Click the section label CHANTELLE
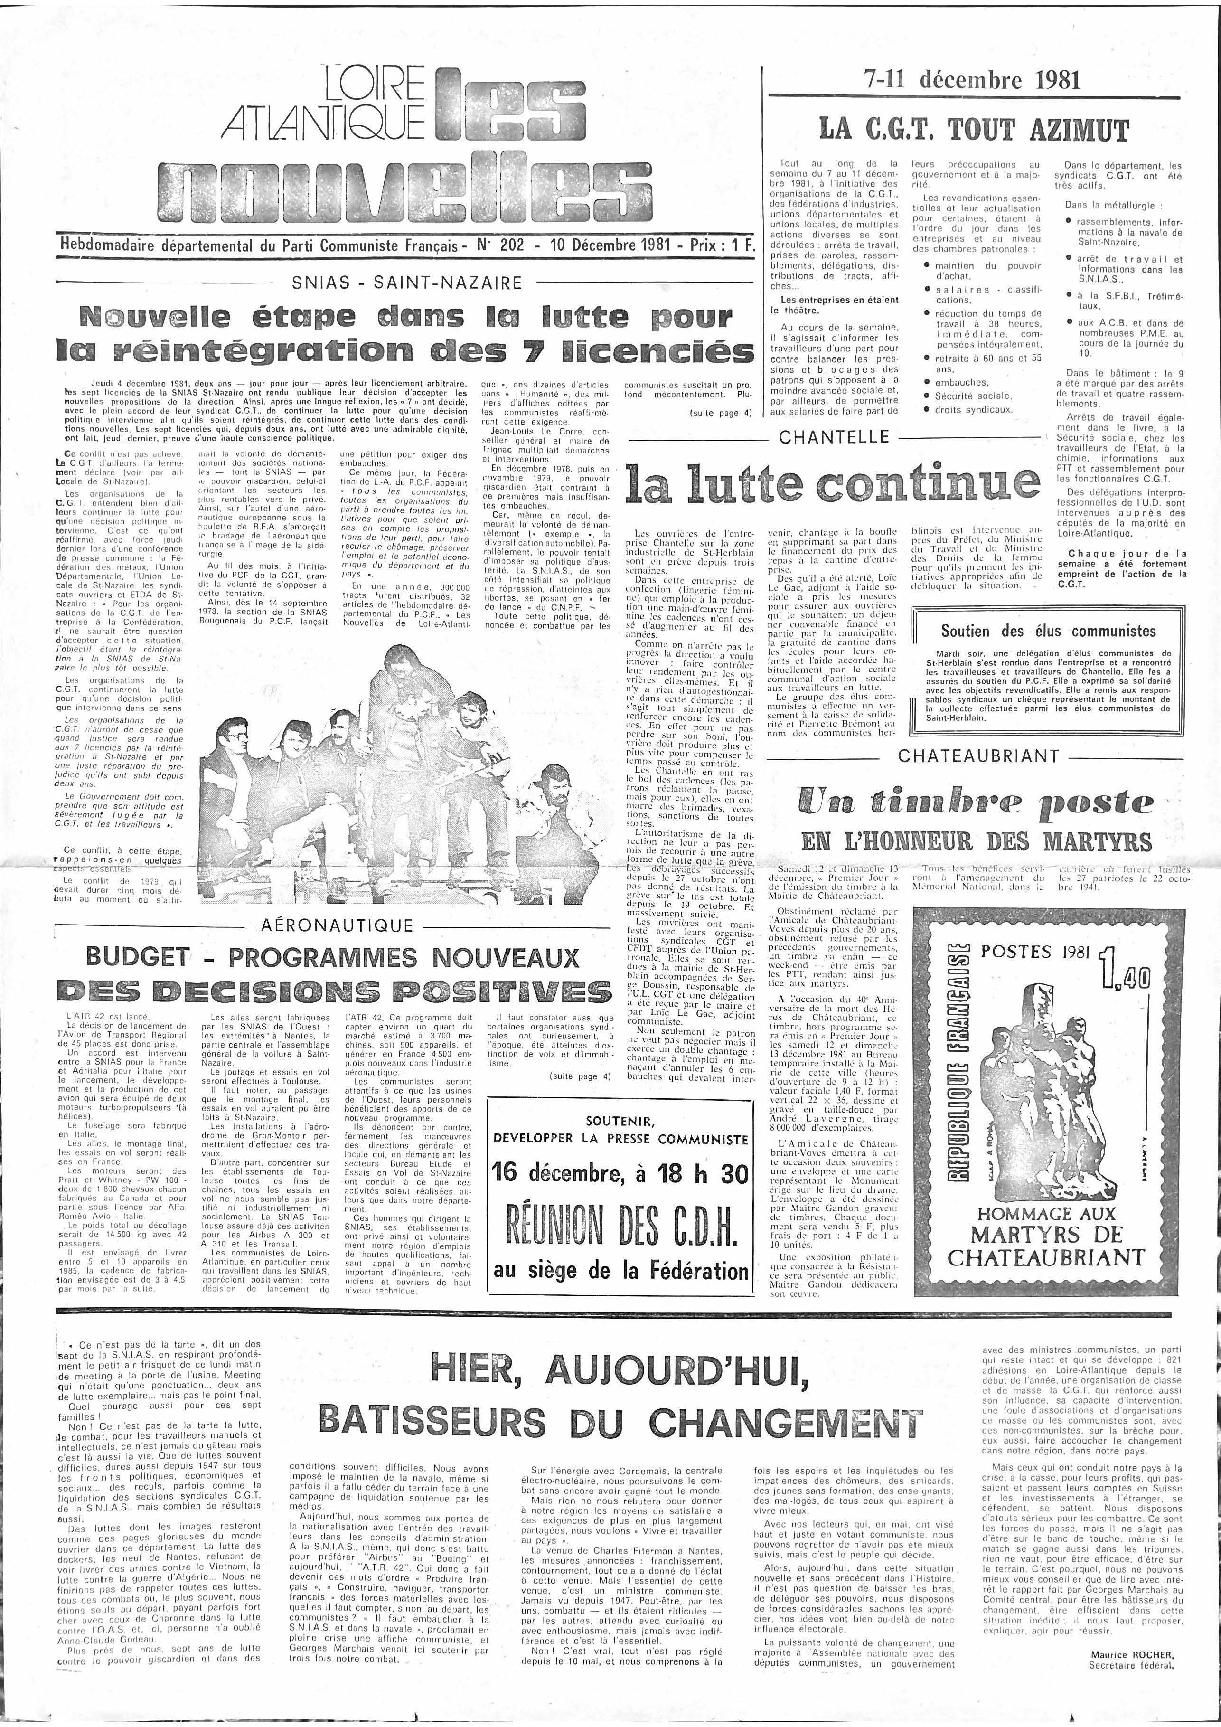click(x=834, y=437)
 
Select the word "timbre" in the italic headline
click(x=964, y=802)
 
